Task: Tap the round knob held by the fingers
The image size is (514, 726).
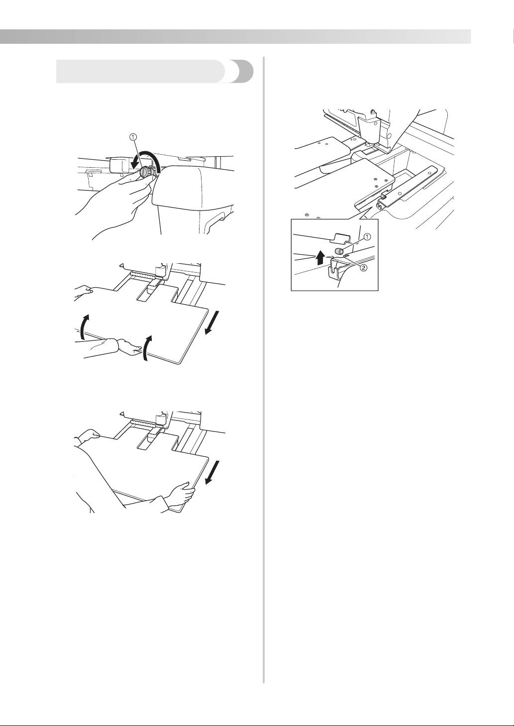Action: tap(145, 172)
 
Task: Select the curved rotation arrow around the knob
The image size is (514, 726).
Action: tap(149, 160)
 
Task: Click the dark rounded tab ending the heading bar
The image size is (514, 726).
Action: tap(241, 72)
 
